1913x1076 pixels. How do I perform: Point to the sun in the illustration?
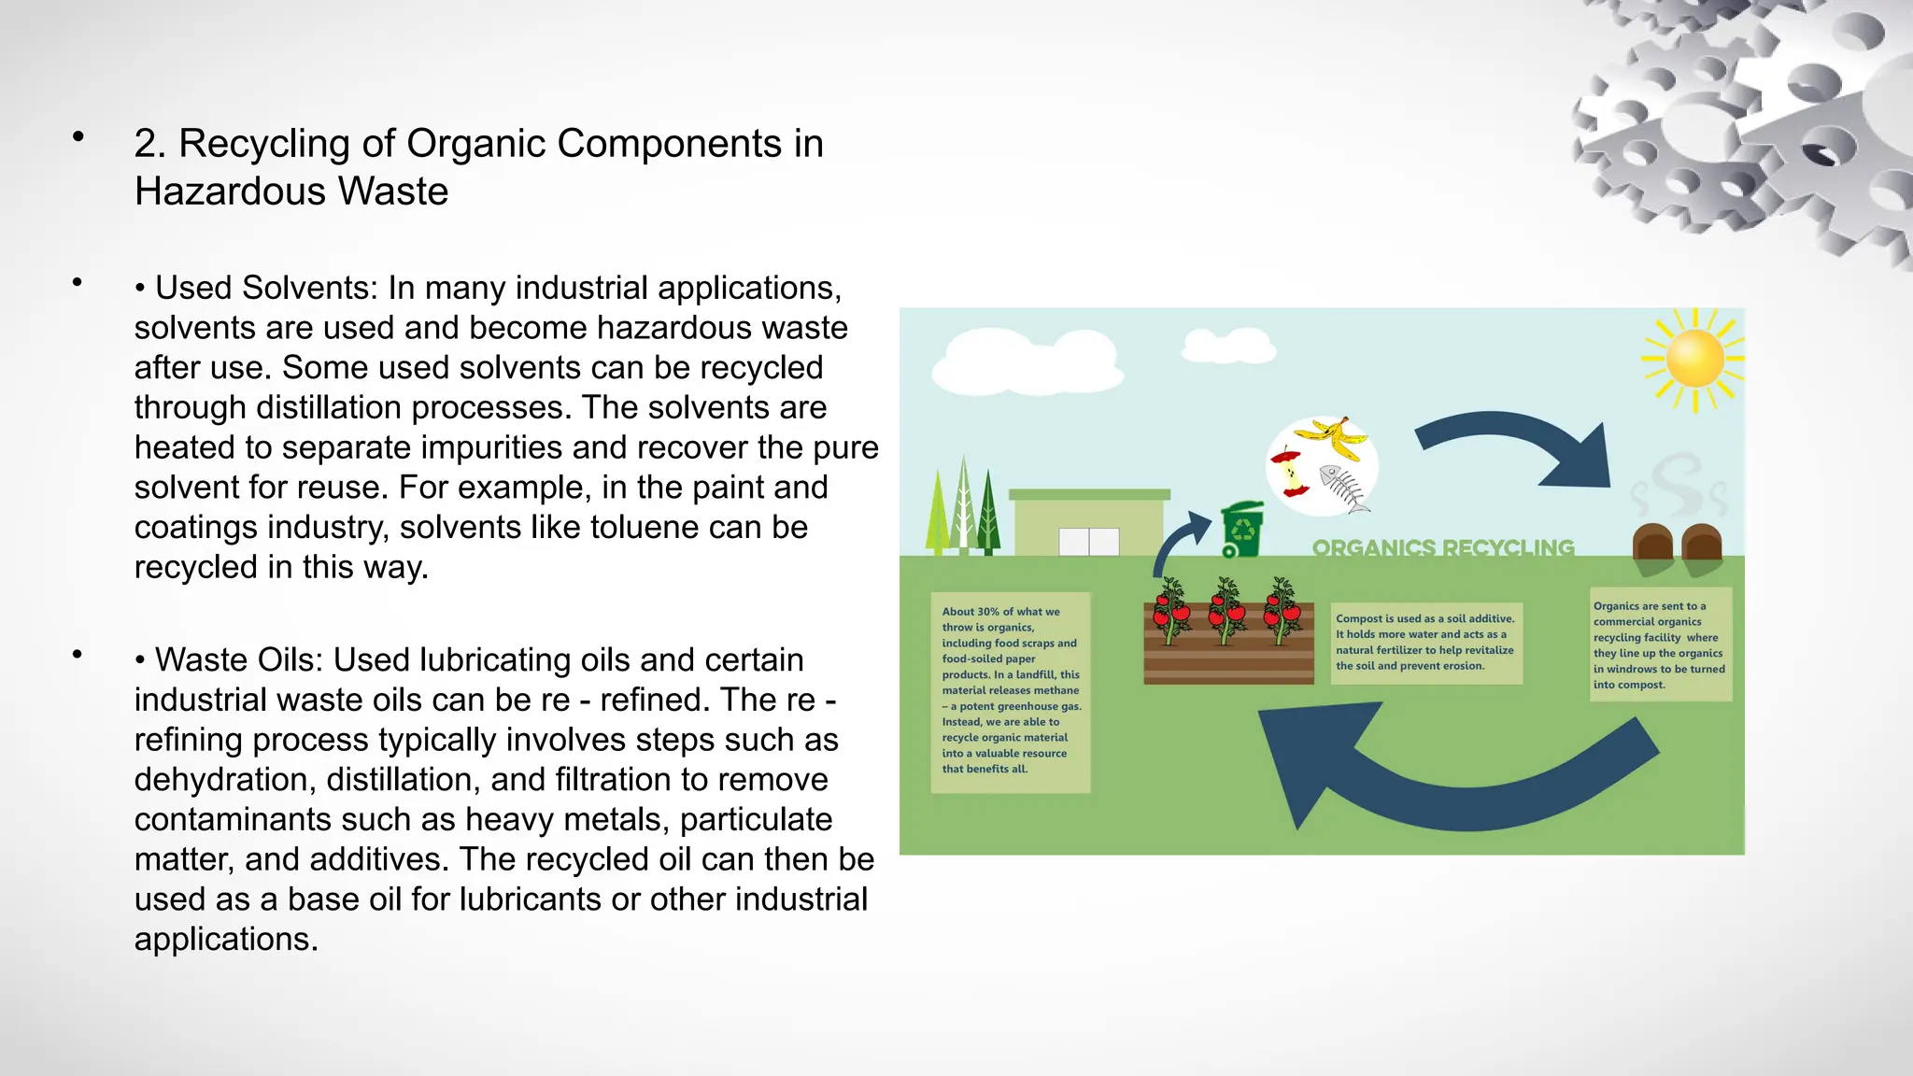coord(1693,359)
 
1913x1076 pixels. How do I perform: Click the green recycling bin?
coord(1243,529)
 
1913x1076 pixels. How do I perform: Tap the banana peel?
coord(1335,437)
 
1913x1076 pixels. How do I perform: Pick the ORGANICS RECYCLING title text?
coord(1443,548)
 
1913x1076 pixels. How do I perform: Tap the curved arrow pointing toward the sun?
coord(1523,448)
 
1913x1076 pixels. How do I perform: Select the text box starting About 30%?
coord(1011,691)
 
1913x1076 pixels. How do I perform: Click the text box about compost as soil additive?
coord(1425,643)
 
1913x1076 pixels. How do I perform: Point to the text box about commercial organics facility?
coord(1660,645)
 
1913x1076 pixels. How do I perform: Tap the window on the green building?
coord(1088,542)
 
